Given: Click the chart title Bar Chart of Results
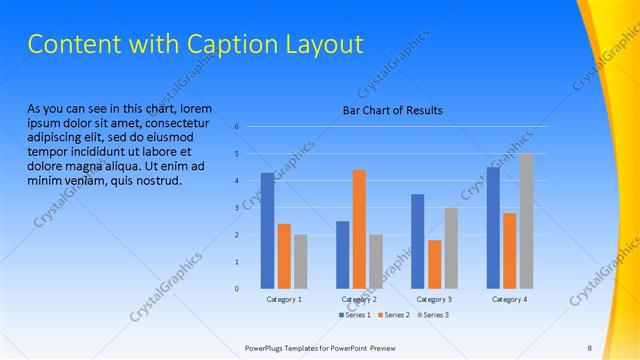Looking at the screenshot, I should click(x=392, y=110).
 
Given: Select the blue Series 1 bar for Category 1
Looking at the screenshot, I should click(x=267, y=230).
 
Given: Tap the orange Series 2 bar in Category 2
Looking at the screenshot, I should click(x=359, y=229).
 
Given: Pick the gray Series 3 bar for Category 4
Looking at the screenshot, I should click(x=526, y=221).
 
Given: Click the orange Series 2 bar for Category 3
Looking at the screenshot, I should click(x=434, y=264).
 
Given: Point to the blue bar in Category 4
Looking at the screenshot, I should click(x=493, y=227).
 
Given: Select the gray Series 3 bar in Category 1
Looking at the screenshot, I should click(x=301, y=261).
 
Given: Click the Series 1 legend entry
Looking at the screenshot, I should click(x=355, y=315).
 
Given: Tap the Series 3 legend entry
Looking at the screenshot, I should click(x=433, y=315).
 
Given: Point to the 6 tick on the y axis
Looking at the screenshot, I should click(x=237, y=127).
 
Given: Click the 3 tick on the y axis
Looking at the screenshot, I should click(x=237, y=208).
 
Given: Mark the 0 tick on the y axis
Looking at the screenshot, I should click(x=237, y=289).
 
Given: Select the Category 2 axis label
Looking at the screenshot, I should click(x=359, y=299).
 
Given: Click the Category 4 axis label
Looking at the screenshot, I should click(x=510, y=299).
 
